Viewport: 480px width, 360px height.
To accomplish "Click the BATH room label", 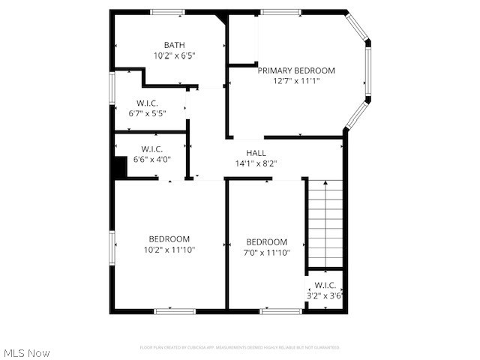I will click(x=174, y=45).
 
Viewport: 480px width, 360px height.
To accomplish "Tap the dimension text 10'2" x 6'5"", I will click(x=174, y=55).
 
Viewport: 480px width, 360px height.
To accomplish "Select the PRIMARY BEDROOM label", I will click(x=296, y=70).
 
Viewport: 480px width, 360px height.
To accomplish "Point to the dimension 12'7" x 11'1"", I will click(x=296, y=81).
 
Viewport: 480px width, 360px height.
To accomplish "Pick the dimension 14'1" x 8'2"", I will click(x=256, y=163).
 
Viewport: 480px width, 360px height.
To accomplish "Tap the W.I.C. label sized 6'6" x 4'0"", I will click(x=152, y=149).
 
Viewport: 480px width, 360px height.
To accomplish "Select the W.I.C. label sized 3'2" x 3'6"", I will click(x=325, y=285).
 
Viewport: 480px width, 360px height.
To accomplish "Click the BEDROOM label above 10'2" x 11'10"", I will click(x=169, y=239).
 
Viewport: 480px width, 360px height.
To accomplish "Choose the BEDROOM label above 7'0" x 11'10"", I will click(x=267, y=242).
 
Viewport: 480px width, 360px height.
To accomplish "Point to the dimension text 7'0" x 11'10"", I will click(x=267, y=253).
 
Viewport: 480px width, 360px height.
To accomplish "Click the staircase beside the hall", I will click(x=325, y=223).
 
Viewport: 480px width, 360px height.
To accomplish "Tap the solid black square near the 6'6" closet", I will click(x=119, y=167).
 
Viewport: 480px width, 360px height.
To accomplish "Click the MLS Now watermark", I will click(x=27, y=352).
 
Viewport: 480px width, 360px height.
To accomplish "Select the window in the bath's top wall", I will click(x=167, y=12).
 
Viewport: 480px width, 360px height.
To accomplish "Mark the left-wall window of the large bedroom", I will click(x=112, y=247).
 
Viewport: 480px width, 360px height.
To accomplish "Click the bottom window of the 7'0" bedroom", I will click(x=281, y=310).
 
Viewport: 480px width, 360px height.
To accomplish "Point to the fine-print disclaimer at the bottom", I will click(x=240, y=347).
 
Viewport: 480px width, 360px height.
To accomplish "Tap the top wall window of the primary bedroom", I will click(x=281, y=12).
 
